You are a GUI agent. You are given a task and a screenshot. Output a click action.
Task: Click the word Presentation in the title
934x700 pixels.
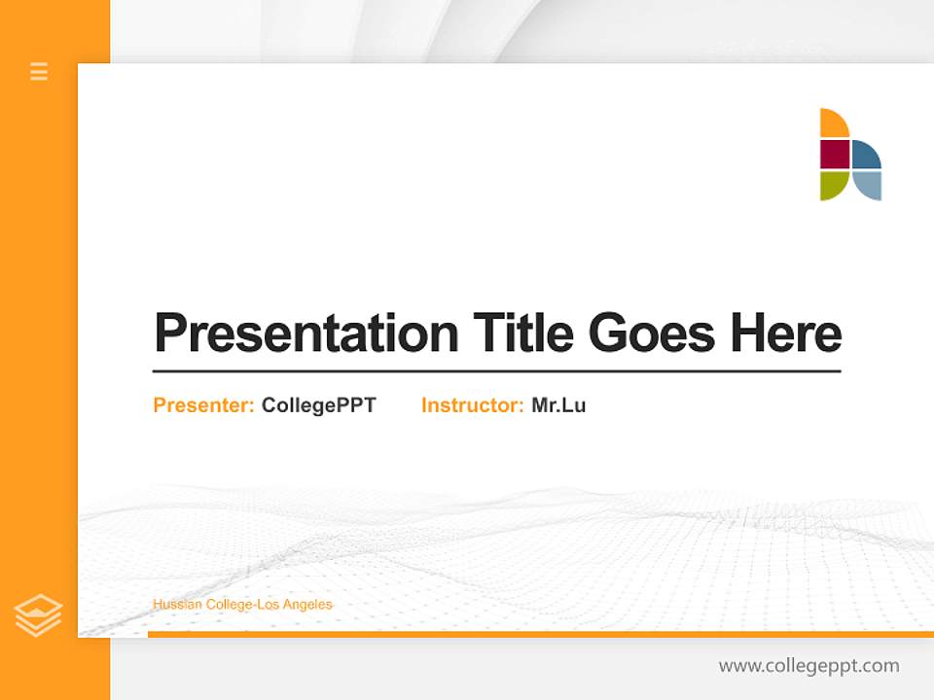click(x=306, y=333)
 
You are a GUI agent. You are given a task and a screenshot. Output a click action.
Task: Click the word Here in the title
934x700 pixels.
click(x=785, y=333)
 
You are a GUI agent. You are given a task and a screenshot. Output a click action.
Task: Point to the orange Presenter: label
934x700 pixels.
click(x=203, y=405)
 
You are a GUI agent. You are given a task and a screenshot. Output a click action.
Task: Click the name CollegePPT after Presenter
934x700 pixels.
click(x=318, y=405)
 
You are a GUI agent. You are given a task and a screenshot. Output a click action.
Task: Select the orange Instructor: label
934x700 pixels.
click(x=472, y=405)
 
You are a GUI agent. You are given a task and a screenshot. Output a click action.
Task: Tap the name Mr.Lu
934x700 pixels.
click(x=558, y=405)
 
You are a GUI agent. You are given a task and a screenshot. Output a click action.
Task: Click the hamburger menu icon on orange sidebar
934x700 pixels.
click(x=39, y=71)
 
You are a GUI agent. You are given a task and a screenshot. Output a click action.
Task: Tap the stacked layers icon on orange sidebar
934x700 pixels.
click(x=38, y=615)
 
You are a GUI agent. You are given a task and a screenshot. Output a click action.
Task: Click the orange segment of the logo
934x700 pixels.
click(x=832, y=123)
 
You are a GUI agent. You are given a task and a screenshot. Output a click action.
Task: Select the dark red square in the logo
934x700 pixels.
click(x=835, y=155)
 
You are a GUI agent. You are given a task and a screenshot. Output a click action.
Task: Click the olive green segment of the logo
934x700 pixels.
click(x=832, y=184)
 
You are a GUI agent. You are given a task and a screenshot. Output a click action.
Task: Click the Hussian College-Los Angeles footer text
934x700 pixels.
click(x=242, y=605)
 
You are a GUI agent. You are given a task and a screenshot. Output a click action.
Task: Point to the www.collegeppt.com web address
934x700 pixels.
click(x=808, y=666)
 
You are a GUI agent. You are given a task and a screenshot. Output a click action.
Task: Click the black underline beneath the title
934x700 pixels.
click(x=496, y=371)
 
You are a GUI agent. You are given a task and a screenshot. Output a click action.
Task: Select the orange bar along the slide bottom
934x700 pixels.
click(x=540, y=634)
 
